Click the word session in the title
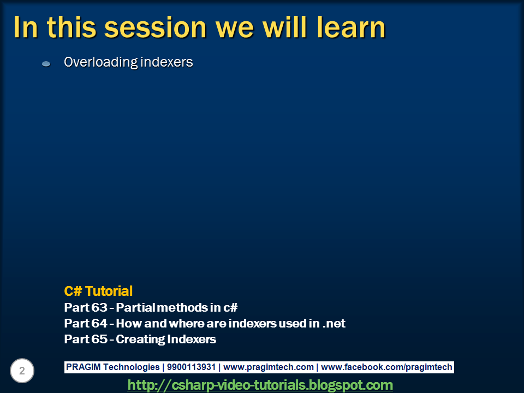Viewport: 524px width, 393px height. click(156, 28)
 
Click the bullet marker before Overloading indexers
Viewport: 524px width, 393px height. click(46, 63)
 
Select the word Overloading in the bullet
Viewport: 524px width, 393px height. click(100, 62)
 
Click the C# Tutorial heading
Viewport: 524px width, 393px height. click(98, 291)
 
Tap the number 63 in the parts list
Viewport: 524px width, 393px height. click(99, 307)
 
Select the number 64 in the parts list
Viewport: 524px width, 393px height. click(99, 323)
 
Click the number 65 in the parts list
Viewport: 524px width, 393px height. click(99, 339)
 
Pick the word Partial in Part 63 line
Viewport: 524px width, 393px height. click(136, 307)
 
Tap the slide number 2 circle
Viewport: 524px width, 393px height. click(22, 371)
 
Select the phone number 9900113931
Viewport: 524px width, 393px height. click(191, 367)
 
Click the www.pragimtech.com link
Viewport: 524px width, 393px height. click(269, 367)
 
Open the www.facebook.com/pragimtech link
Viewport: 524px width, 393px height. click(386, 367)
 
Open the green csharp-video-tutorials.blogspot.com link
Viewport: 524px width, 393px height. click(260, 385)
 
